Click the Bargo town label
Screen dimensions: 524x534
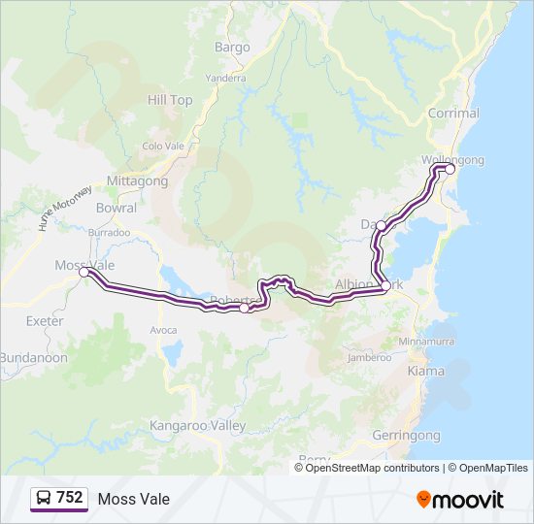pos(233,47)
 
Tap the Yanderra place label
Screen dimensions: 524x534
pos(226,79)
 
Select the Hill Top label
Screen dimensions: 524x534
pos(170,100)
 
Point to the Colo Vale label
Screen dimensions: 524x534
pos(163,147)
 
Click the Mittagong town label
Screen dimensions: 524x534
pos(137,181)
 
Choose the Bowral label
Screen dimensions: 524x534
pos(117,208)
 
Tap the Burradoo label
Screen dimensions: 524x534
pos(109,233)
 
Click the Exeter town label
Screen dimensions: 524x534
pos(46,321)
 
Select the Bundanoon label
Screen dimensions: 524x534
pos(34,358)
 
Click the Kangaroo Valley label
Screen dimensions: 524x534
pos(198,426)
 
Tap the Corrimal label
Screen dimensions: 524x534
pos(453,114)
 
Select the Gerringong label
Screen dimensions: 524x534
pos(406,435)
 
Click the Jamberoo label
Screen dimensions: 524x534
pos(369,358)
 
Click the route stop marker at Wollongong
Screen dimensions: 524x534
pos(451,169)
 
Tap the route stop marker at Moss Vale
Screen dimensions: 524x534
pos(84,273)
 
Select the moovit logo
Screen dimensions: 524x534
pos(460,499)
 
